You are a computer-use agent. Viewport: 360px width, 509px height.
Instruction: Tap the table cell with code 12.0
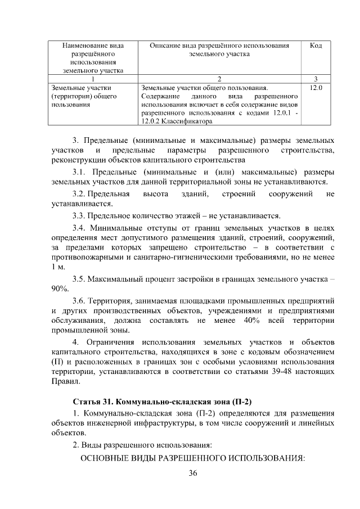[316, 88]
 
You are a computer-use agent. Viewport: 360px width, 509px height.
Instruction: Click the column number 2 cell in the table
[219, 78]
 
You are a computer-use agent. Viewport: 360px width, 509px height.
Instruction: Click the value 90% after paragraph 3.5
[60, 288]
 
